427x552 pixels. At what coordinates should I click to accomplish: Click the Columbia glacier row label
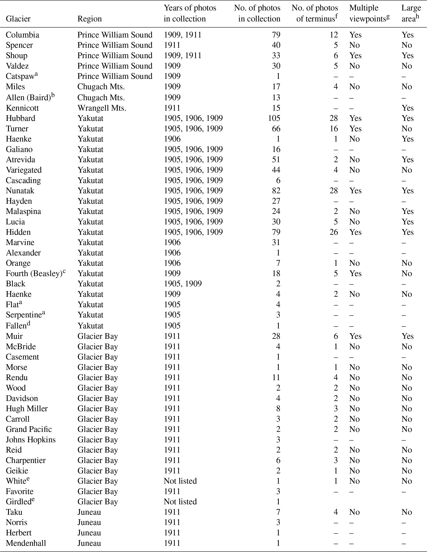pyautogui.click(x=23, y=35)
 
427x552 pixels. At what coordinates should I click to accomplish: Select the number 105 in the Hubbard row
pyautogui.click(x=274, y=118)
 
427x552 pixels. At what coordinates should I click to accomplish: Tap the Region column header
pyautogui.click(x=89, y=19)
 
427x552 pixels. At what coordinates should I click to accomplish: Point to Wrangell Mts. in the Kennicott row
pyautogui.click(x=102, y=108)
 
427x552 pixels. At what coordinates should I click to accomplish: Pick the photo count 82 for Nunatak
pyautogui.click(x=276, y=191)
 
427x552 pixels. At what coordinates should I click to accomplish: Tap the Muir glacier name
pyautogui.click(x=14, y=336)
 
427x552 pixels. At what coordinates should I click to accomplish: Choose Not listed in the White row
pyautogui.click(x=180, y=481)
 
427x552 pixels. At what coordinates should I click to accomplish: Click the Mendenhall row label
pyautogui.click(x=26, y=543)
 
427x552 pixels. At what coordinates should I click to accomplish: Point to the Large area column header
pyautogui.click(x=411, y=13)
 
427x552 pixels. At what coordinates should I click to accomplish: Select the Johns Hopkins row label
pyautogui.click(x=31, y=440)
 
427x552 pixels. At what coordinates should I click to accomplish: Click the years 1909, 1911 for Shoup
pyautogui.click(x=183, y=56)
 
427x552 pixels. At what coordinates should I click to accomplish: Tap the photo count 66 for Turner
pyautogui.click(x=276, y=129)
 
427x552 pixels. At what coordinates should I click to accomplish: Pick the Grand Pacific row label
pyautogui.click(x=29, y=429)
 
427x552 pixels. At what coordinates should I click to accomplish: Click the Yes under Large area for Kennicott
pyautogui.click(x=408, y=108)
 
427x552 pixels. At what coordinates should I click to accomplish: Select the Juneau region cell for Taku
pyautogui.click(x=89, y=512)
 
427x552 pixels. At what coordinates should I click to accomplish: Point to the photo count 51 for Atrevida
pyautogui.click(x=276, y=160)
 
